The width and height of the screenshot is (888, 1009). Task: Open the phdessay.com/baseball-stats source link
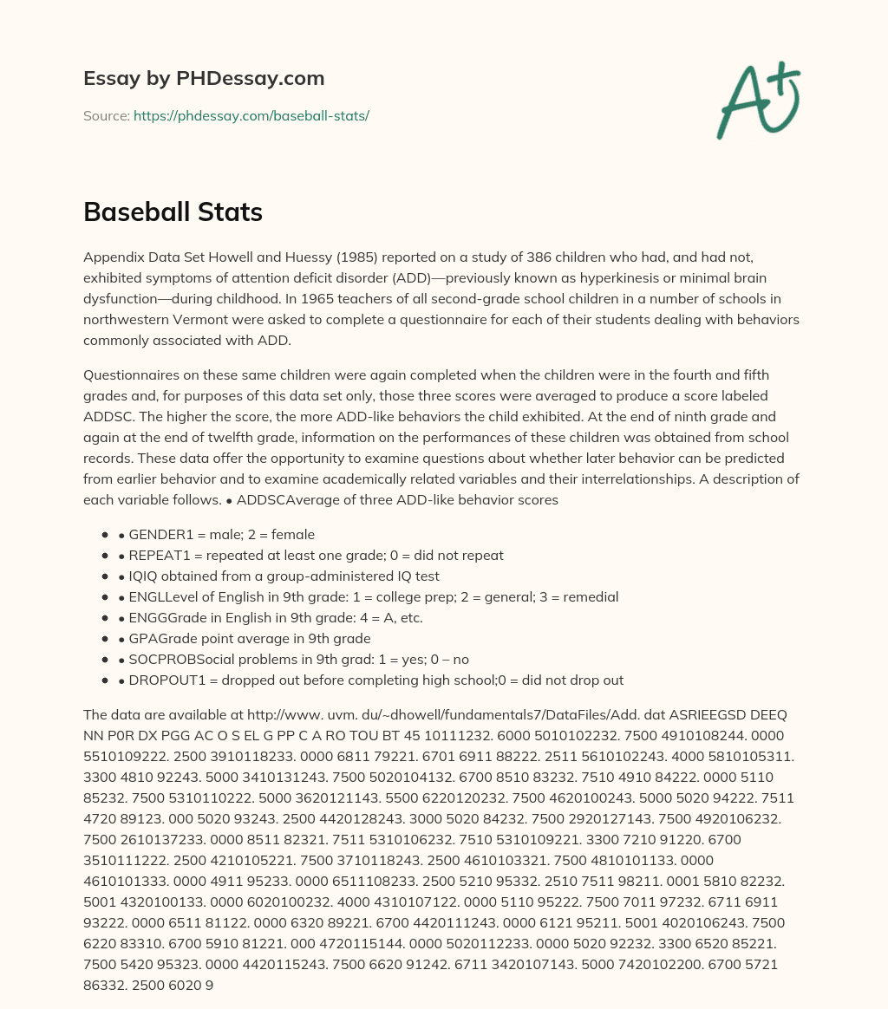(x=251, y=115)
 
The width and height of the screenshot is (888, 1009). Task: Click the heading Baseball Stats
(x=173, y=212)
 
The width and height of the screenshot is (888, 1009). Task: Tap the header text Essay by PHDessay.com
(x=204, y=78)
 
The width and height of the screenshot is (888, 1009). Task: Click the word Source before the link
(x=106, y=115)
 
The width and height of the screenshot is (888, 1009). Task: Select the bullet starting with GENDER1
(x=216, y=534)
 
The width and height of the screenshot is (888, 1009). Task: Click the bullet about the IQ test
(x=278, y=576)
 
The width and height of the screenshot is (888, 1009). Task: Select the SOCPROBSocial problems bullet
(x=294, y=659)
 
